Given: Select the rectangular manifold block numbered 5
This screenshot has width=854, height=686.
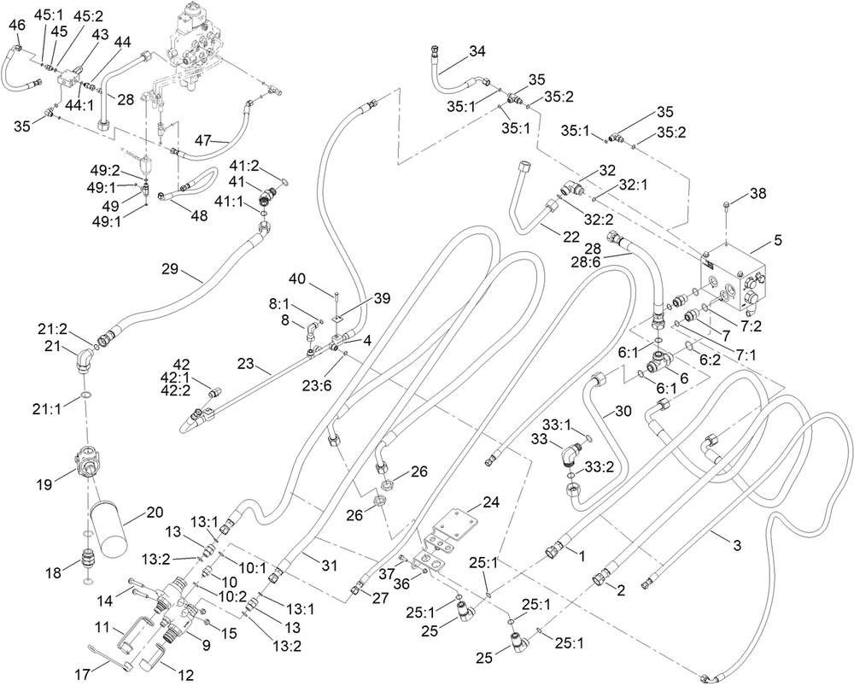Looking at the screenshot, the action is point(733,278).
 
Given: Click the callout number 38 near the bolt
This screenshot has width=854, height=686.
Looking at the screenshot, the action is point(757,193).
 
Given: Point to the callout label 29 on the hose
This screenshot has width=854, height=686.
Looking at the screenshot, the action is point(171,269).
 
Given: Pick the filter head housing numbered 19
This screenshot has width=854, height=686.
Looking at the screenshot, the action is point(87,460).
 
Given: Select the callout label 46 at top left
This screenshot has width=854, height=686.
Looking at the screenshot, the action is point(17,25).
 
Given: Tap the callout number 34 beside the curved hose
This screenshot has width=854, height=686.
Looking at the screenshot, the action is point(477,51).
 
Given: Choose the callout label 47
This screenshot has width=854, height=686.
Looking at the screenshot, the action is point(203,141).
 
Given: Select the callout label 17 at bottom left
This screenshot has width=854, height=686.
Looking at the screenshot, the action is point(82,675).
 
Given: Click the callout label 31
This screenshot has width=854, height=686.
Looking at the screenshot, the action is point(329,566).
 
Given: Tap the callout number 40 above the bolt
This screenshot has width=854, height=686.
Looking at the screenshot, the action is point(297,279).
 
